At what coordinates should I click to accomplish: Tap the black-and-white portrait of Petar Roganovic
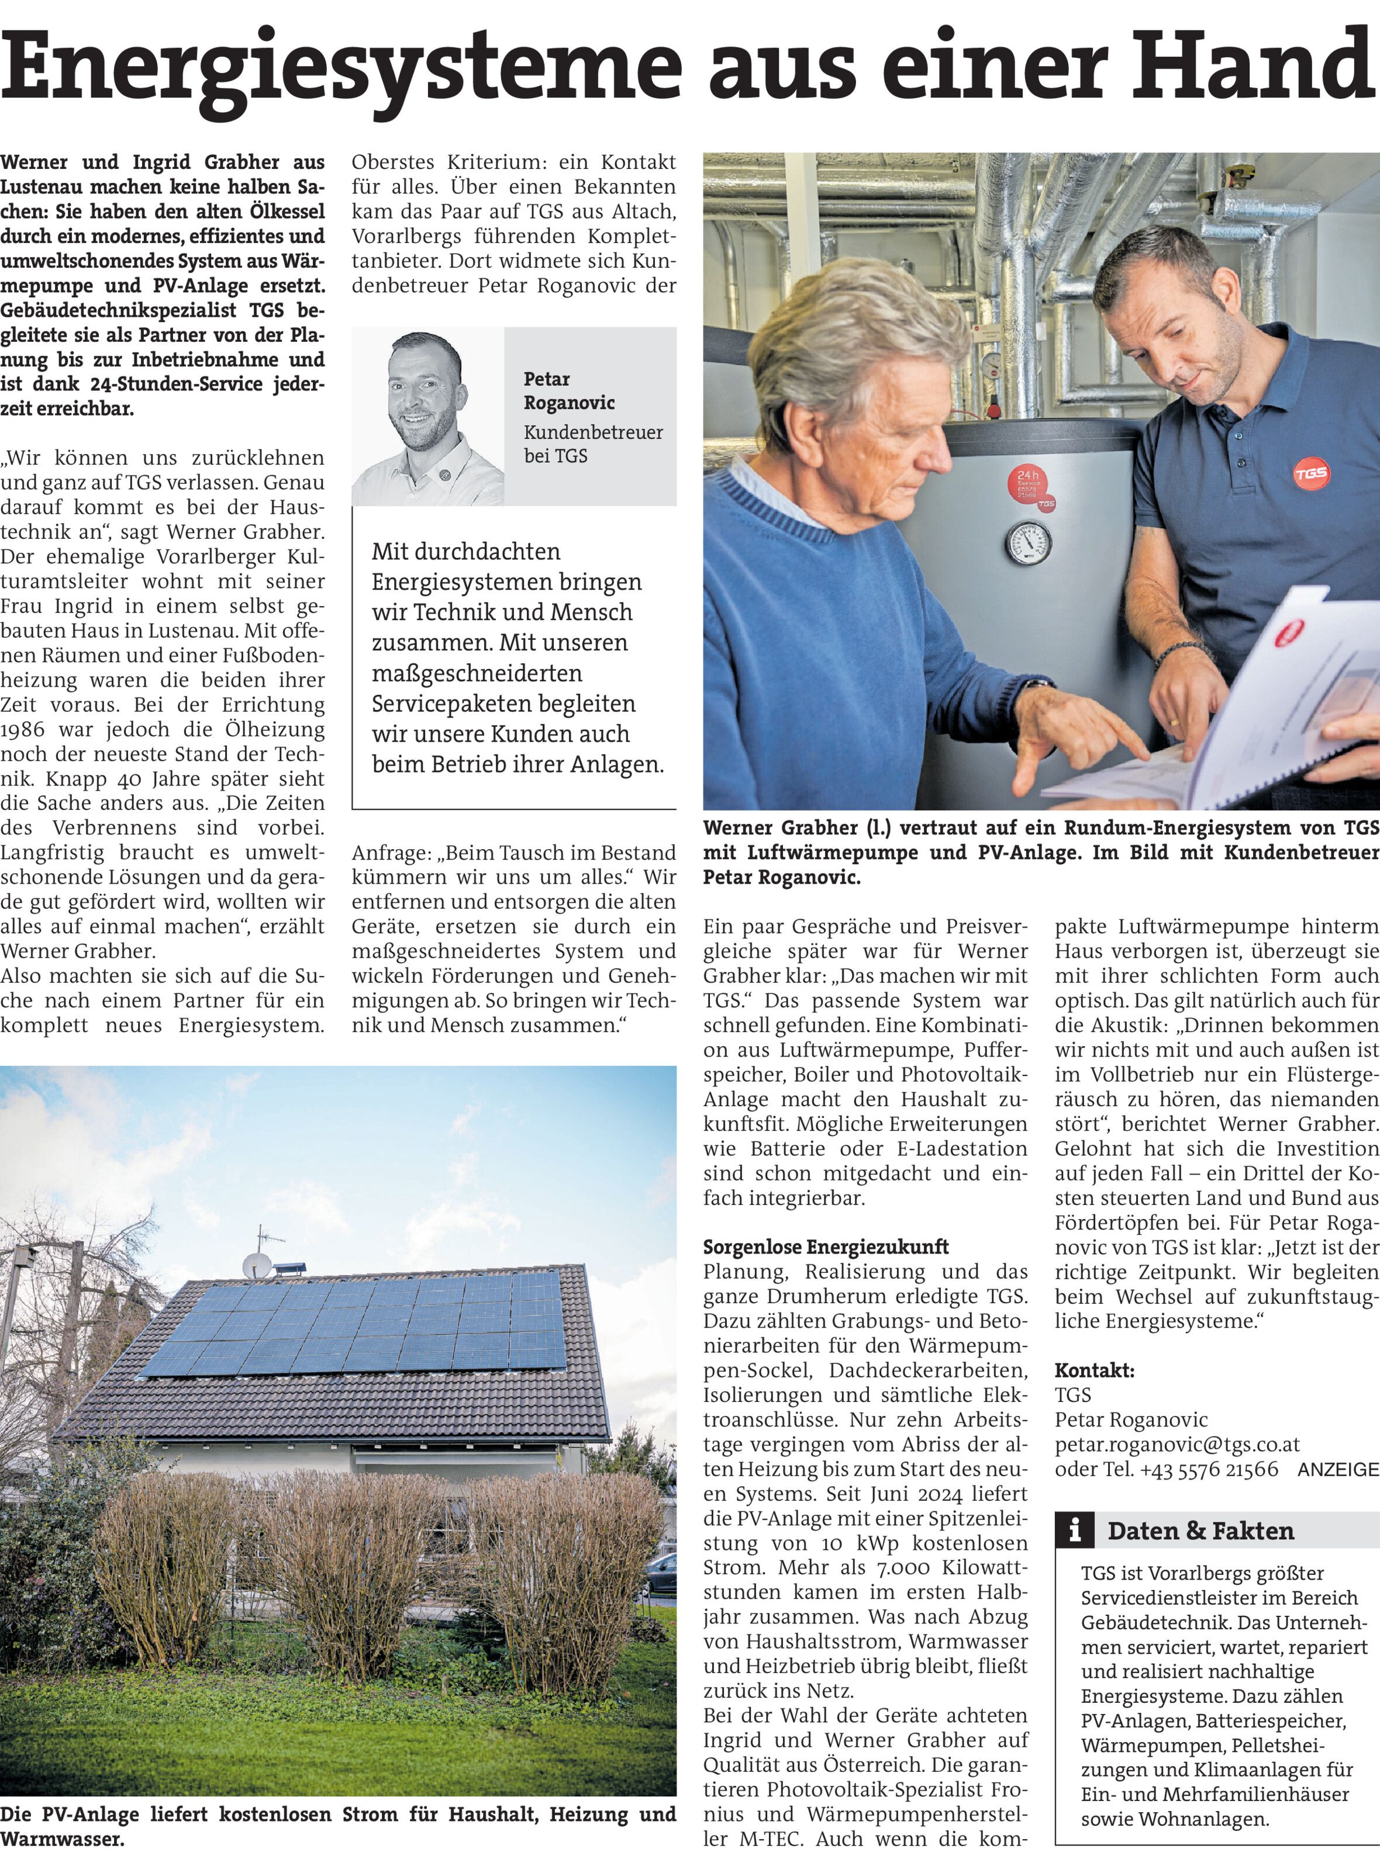click(x=427, y=415)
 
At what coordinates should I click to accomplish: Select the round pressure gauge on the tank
click(x=1029, y=543)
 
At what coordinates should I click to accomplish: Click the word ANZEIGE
click(x=1337, y=1470)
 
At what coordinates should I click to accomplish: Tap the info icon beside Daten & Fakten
click(x=1075, y=1530)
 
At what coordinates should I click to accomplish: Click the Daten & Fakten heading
click(x=1200, y=1530)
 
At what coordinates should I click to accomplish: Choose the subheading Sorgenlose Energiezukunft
click(x=825, y=1246)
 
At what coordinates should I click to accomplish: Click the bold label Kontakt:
click(x=1094, y=1370)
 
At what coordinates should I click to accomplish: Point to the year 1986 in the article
click(x=23, y=730)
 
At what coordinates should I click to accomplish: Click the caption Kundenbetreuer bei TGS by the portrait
click(x=592, y=444)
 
